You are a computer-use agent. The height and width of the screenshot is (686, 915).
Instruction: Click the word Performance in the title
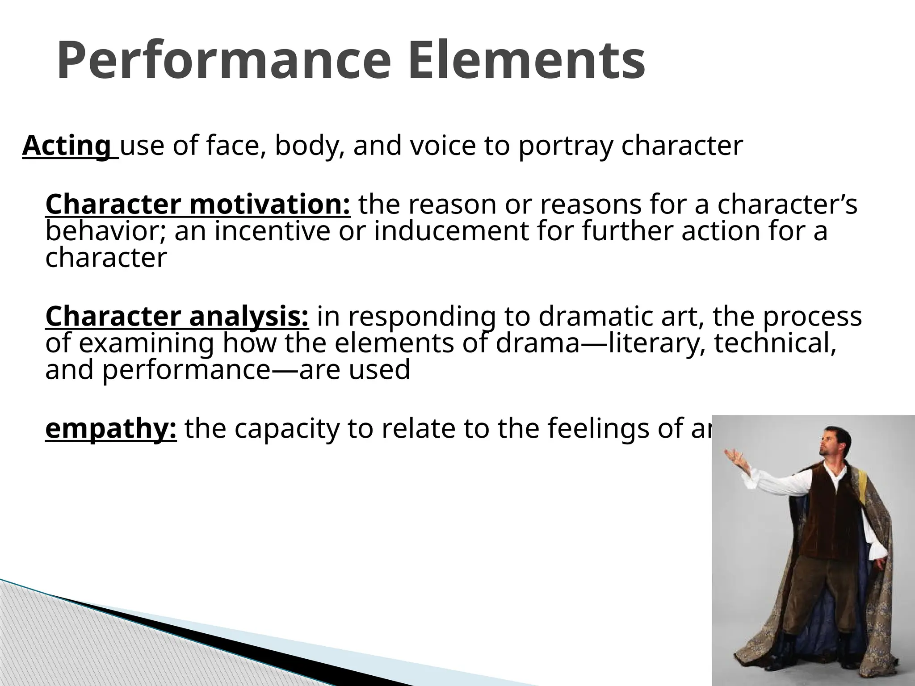pyautogui.click(x=224, y=61)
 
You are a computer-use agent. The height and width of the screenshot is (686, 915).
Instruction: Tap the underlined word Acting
pyautogui.click(x=67, y=146)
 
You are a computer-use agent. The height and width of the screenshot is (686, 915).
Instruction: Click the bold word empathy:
pyautogui.click(x=111, y=428)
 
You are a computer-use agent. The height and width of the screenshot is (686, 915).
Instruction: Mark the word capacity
pyautogui.click(x=286, y=429)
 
